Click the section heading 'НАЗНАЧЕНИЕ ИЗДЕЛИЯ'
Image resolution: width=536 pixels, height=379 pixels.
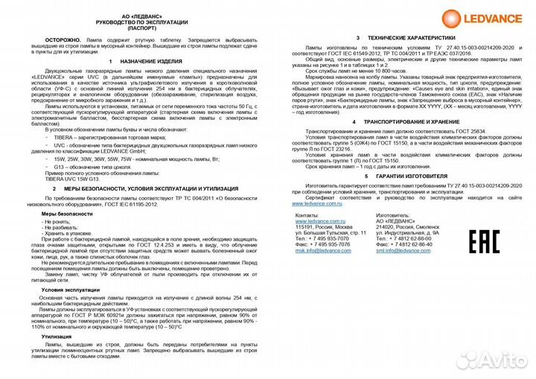point(147,61)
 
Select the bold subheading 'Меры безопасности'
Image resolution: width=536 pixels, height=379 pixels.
point(67,213)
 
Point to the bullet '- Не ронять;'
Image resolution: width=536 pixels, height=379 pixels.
point(57,221)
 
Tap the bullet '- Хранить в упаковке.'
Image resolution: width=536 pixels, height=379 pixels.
point(68,233)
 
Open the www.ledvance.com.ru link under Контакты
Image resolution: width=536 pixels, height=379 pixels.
point(321,221)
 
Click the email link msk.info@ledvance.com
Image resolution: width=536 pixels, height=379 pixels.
point(323,250)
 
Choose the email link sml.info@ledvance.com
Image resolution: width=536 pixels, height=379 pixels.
point(403,250)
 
